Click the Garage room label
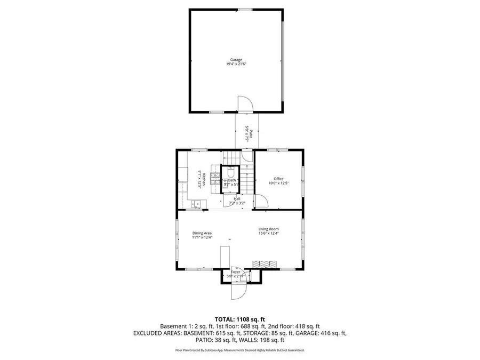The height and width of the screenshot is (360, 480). pyautogui.click(x=236, y=60)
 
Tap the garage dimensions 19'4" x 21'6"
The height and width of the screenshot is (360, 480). pyautogui.click(x=236, y=64)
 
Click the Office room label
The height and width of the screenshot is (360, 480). pyautogui.click(x=278, y=179)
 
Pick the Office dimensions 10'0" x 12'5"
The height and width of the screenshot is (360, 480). pyautogui.click(x=278, y=183)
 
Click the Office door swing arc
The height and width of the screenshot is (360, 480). pyautogui.click(x=261, y=201)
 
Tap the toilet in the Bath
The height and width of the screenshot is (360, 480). pyautogui.click(x=230, y=173)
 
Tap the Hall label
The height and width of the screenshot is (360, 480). pyautogui.click(x=236, y=199)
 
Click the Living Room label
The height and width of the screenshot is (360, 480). pyautogui.click(x=269, y=229)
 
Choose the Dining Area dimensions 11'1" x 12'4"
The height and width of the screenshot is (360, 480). pyautogui.click(x=202, y=237)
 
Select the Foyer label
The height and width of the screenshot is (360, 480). pyautogui.click(x=235, y=273)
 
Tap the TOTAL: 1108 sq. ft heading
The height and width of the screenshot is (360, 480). pyautogui.click(x=239, y=318)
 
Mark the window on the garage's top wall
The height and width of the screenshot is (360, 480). pyautogui.click(x=245, y=10)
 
